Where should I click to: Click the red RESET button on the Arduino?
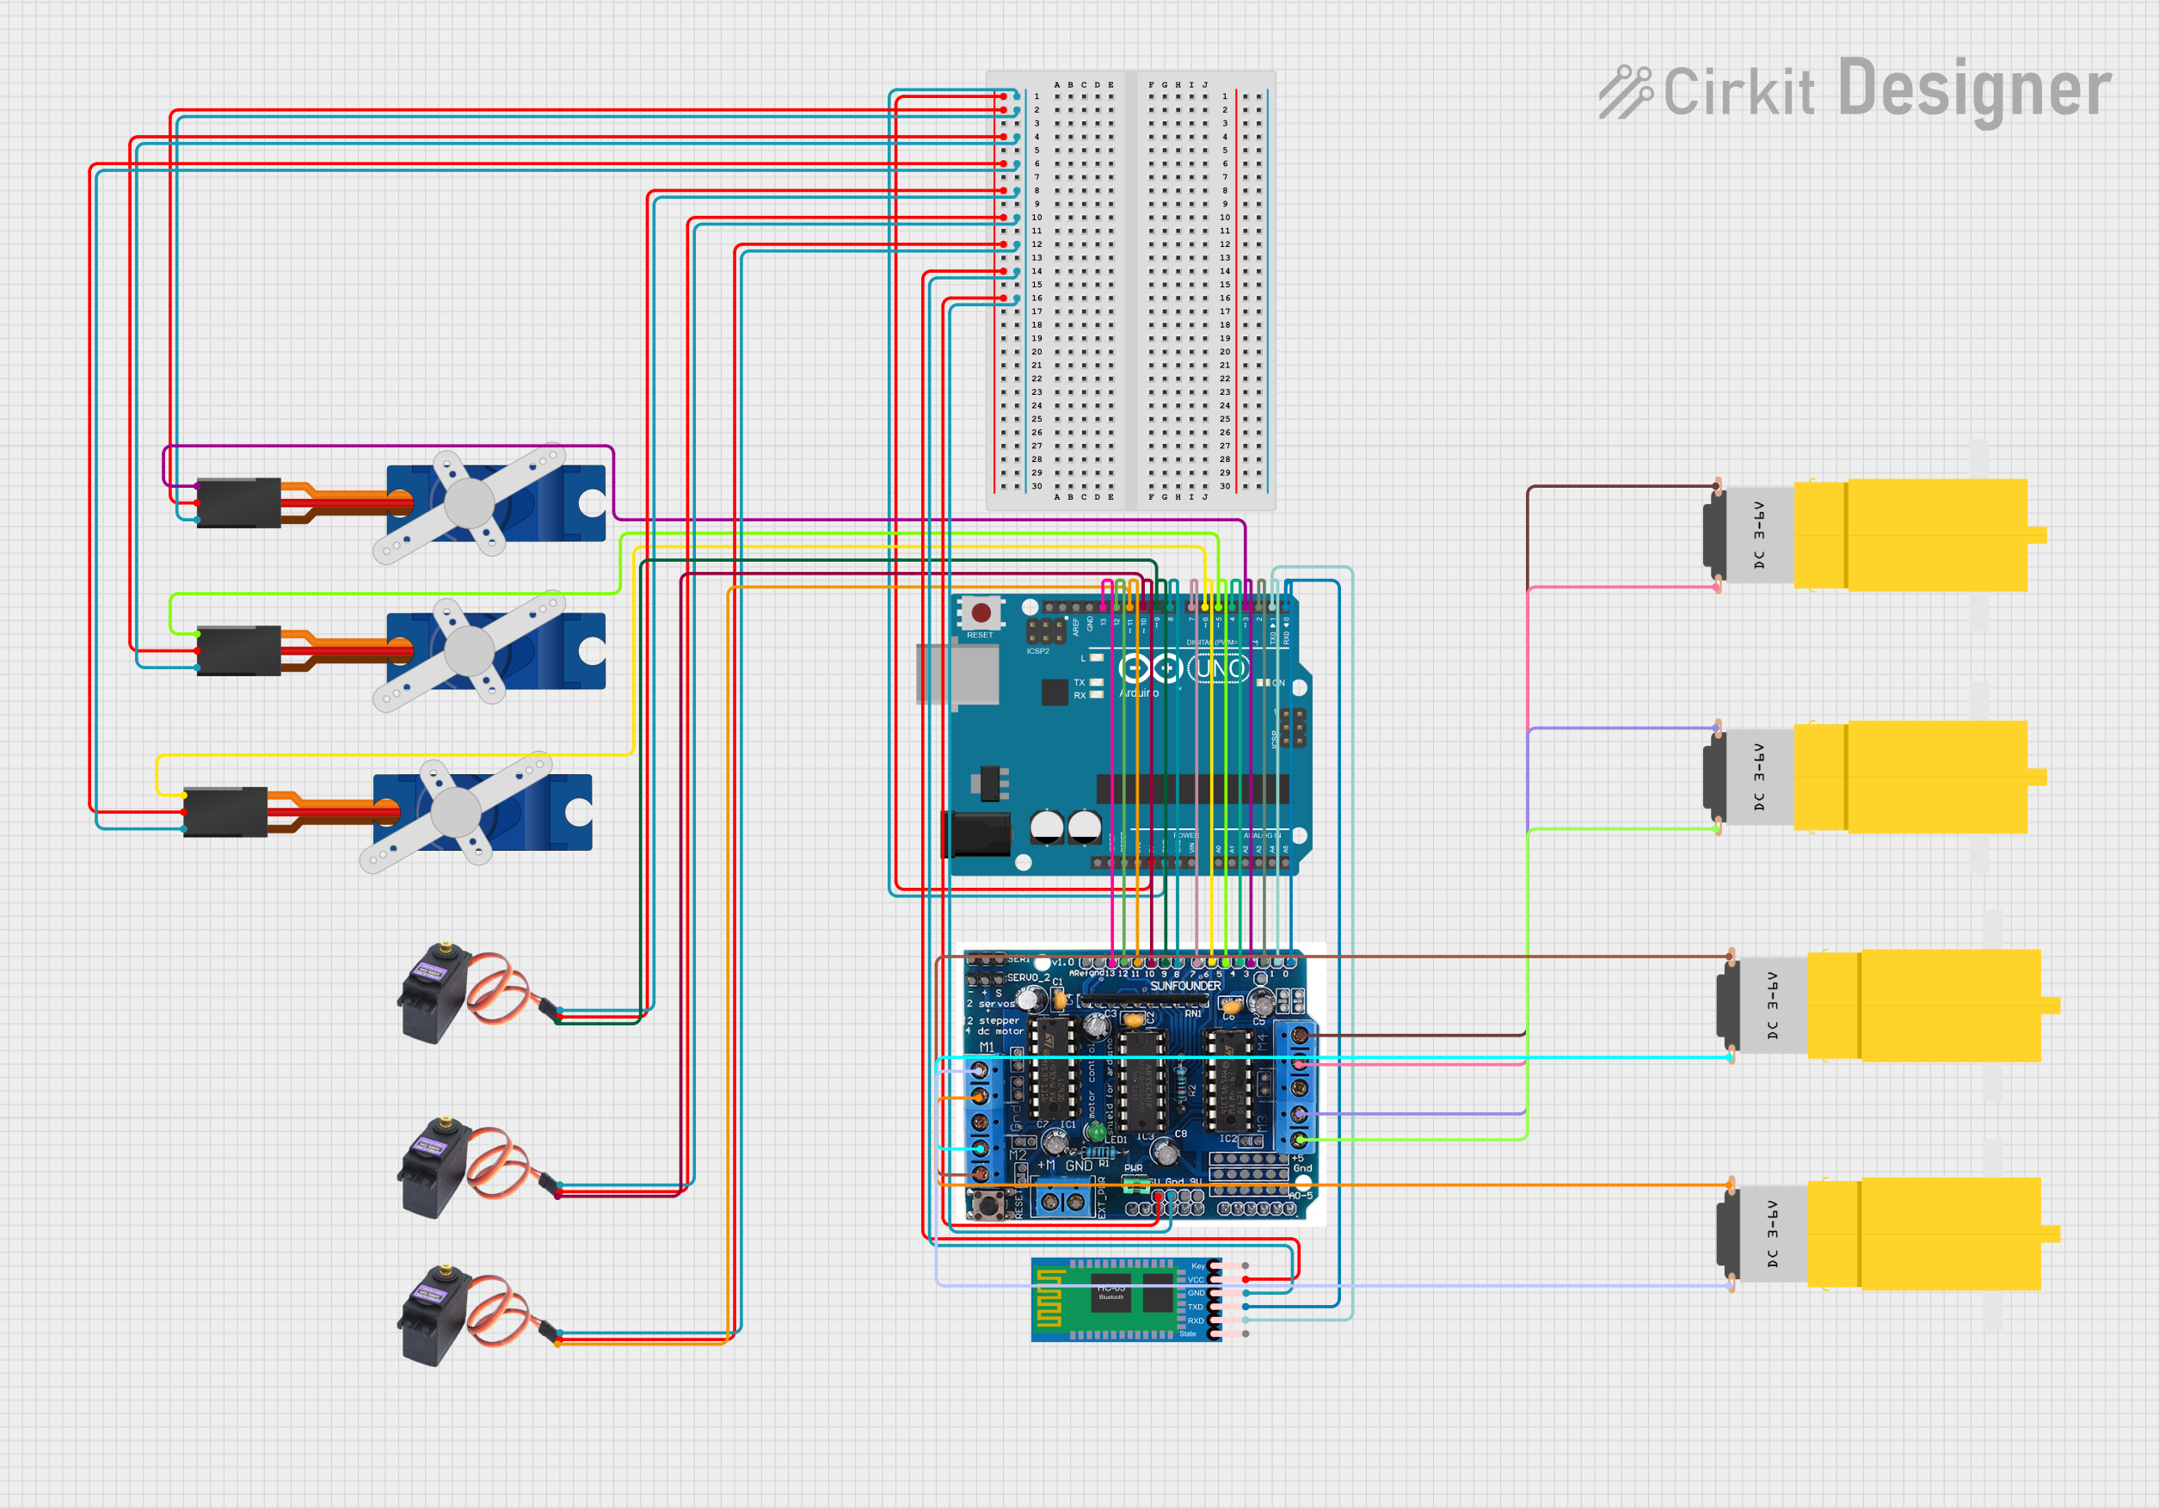(981, 613)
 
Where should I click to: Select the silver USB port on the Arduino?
(957, 674)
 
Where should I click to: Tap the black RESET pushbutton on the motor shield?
(986, 1203)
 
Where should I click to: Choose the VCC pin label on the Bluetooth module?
(1195, 1279)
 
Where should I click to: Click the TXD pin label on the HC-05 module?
(1195, 1307)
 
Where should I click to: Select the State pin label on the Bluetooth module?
(1188, 1333)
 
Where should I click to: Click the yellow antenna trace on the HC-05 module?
(1049, 1299)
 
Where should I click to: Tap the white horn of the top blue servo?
(471, 503)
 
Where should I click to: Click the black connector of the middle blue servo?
(239, 650)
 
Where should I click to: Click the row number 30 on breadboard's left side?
(1036, 486)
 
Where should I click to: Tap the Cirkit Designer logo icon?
(1624, 91)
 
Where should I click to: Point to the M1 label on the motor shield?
(987, 1046)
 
